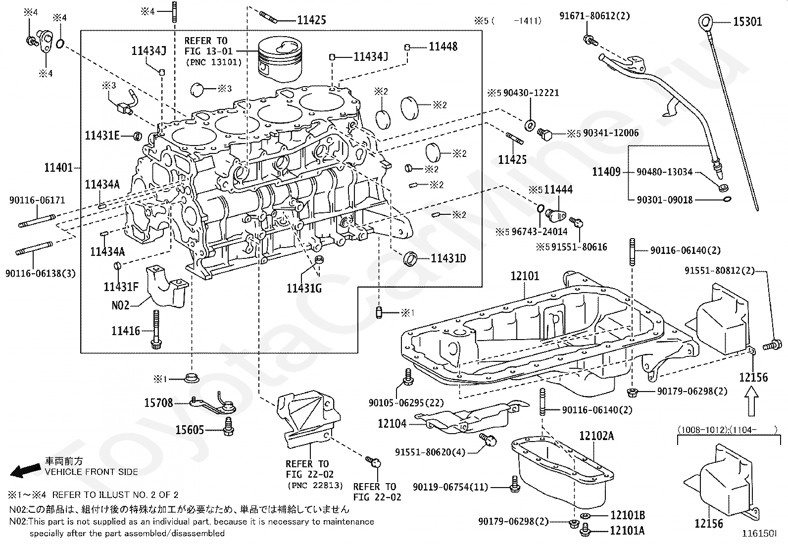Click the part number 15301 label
747,22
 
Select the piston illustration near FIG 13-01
280,60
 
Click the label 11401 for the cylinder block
58,167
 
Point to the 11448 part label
443,47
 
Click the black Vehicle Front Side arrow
25,470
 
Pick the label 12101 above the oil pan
525,276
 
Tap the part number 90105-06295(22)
406,402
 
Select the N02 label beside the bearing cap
120,305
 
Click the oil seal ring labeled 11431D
410,258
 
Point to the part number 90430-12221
531,93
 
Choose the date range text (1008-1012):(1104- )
728,430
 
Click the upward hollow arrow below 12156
751,401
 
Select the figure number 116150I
759,534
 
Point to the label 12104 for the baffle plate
392,423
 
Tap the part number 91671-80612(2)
594,16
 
